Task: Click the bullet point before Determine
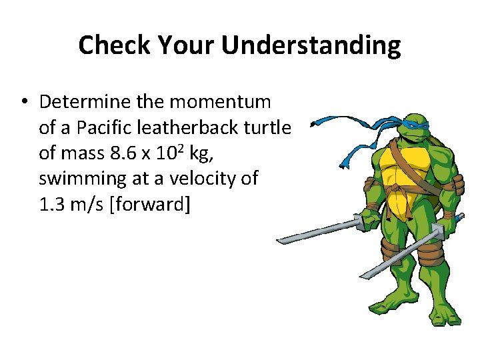[23, 102]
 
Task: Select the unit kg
[198, 154]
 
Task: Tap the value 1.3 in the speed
[52, 205]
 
